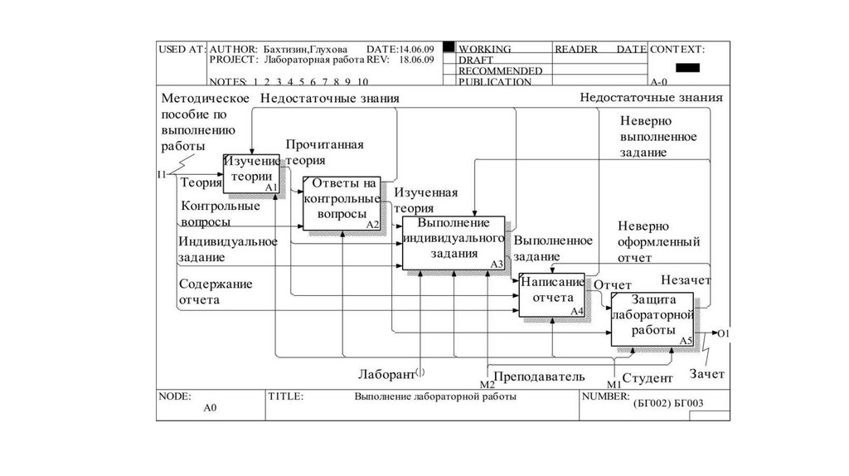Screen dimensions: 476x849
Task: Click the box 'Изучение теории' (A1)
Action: (252, 173)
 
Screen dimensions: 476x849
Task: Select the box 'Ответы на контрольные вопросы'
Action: (342, 202)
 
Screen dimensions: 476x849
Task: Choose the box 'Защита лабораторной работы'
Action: (653, 318)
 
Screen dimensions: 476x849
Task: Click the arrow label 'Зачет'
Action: (706, 374)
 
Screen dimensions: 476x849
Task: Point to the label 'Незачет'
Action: (686, 279)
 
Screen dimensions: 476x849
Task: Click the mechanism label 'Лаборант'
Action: (386, 375)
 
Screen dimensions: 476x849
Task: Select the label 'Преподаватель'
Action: (540, 376)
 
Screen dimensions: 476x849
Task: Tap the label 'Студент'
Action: (647, 378)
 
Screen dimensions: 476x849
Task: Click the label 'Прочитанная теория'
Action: (324, 153)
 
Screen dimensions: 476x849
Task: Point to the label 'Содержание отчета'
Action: (215, 292)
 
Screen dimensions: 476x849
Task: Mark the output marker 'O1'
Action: (723, 333)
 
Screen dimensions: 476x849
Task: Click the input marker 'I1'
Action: (162, 174)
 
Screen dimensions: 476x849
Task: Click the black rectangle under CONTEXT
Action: (687, 67)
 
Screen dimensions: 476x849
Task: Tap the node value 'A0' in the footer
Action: (210, 409)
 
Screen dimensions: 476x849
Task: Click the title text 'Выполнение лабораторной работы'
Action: (435, 397)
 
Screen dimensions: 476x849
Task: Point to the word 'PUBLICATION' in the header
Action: (494, 82)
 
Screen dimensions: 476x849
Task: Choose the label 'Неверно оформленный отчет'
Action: (659, 241)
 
